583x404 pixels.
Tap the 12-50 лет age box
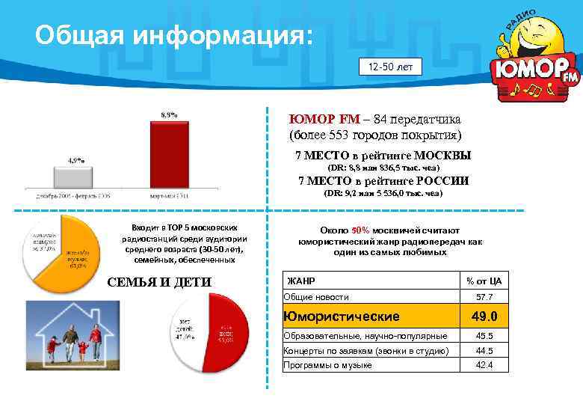[390, 67]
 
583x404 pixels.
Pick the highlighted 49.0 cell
[484, 316]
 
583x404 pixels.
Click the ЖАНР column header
[300, 281]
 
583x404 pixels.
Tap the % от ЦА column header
[484, 281]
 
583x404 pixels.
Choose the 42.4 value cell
[484, 365]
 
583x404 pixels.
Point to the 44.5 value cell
[484, 351]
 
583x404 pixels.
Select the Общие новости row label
[317, 297]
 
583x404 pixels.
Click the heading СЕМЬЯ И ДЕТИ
[160, 282]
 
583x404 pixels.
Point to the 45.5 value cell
[484, 336]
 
